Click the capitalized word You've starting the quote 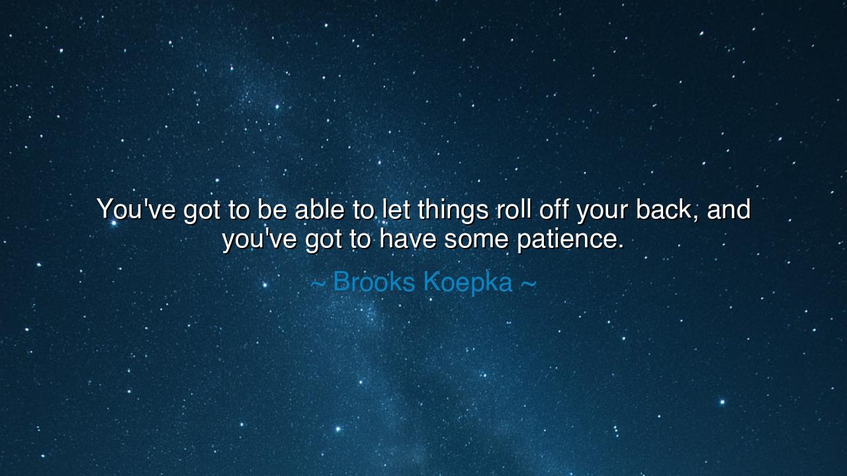click(x=136, y=210)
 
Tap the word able click(x=320, y=210)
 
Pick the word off click(x=554, y=210)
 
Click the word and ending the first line click(x=729, y=210)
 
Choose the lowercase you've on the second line click(x=259, y=239)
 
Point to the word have click(x=408, y=239)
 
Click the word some click(x=476, y=239)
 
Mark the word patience click(x=570, y=239)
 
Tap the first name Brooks click(x=374, y=282)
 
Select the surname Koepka click(x=467, y=282)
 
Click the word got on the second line click(x=324, y=240)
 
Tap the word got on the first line click(x=202, y=211)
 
